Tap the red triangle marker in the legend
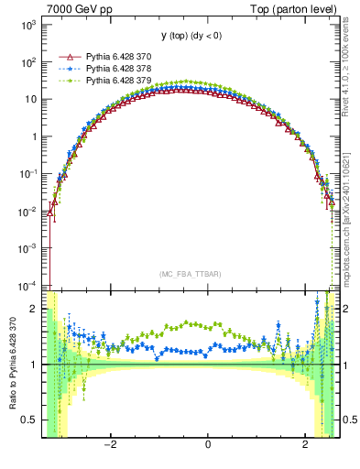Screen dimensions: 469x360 pyautogui.click(x=68, y=56)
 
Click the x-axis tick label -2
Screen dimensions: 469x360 pyautogui.click(x=110, y=445)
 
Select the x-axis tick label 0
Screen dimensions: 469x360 pyautogui.click(x=208, y=445)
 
